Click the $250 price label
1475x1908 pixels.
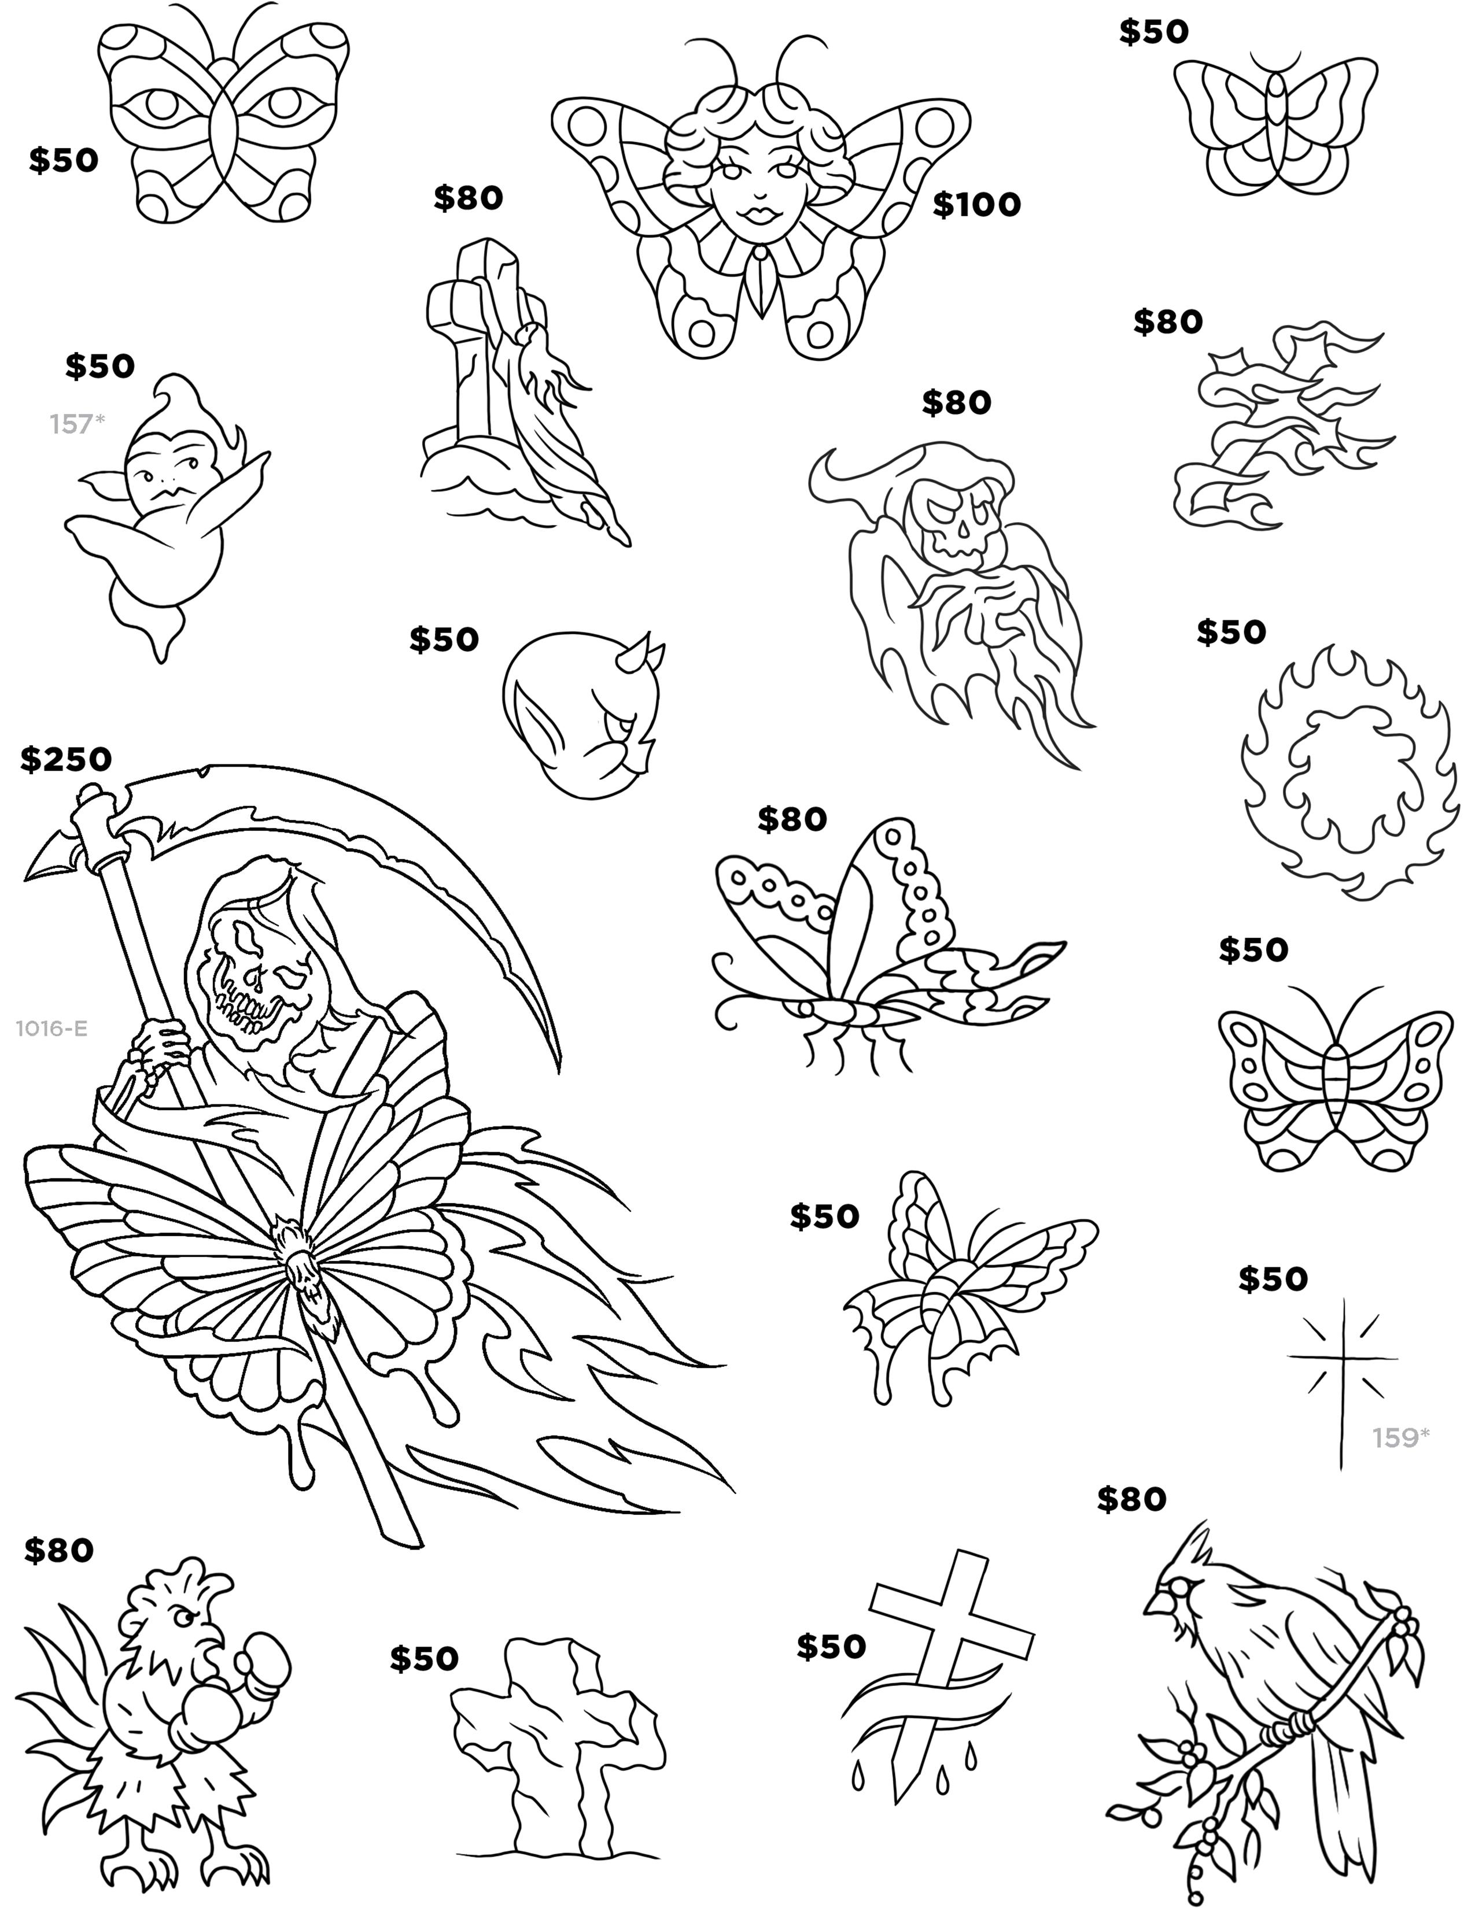[x=67, y=759]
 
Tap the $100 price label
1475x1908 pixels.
[x=976, y=205]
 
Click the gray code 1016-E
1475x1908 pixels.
[x=51, y=1028]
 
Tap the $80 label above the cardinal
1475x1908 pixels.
[x=1131, y=1499]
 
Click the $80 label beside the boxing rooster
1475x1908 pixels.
[x=58, y=1551]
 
